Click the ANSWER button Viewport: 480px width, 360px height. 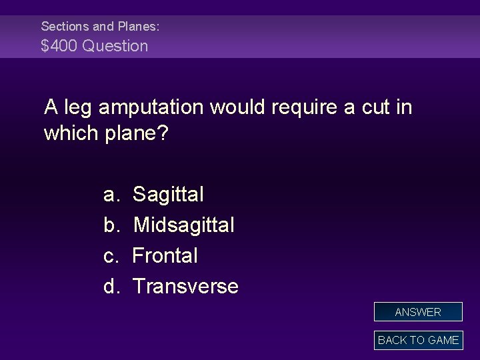tap(418, 312)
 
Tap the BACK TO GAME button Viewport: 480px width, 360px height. tap(418, 340)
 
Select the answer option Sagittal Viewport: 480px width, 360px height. tap(168, 195)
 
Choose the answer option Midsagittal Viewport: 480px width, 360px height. tap(183, 225)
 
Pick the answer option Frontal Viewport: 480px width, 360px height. tap(165, 255)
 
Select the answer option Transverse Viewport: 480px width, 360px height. tap(185, 286)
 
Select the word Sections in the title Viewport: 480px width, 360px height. tap(64, 27)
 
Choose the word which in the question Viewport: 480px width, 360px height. tap(72, 134)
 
